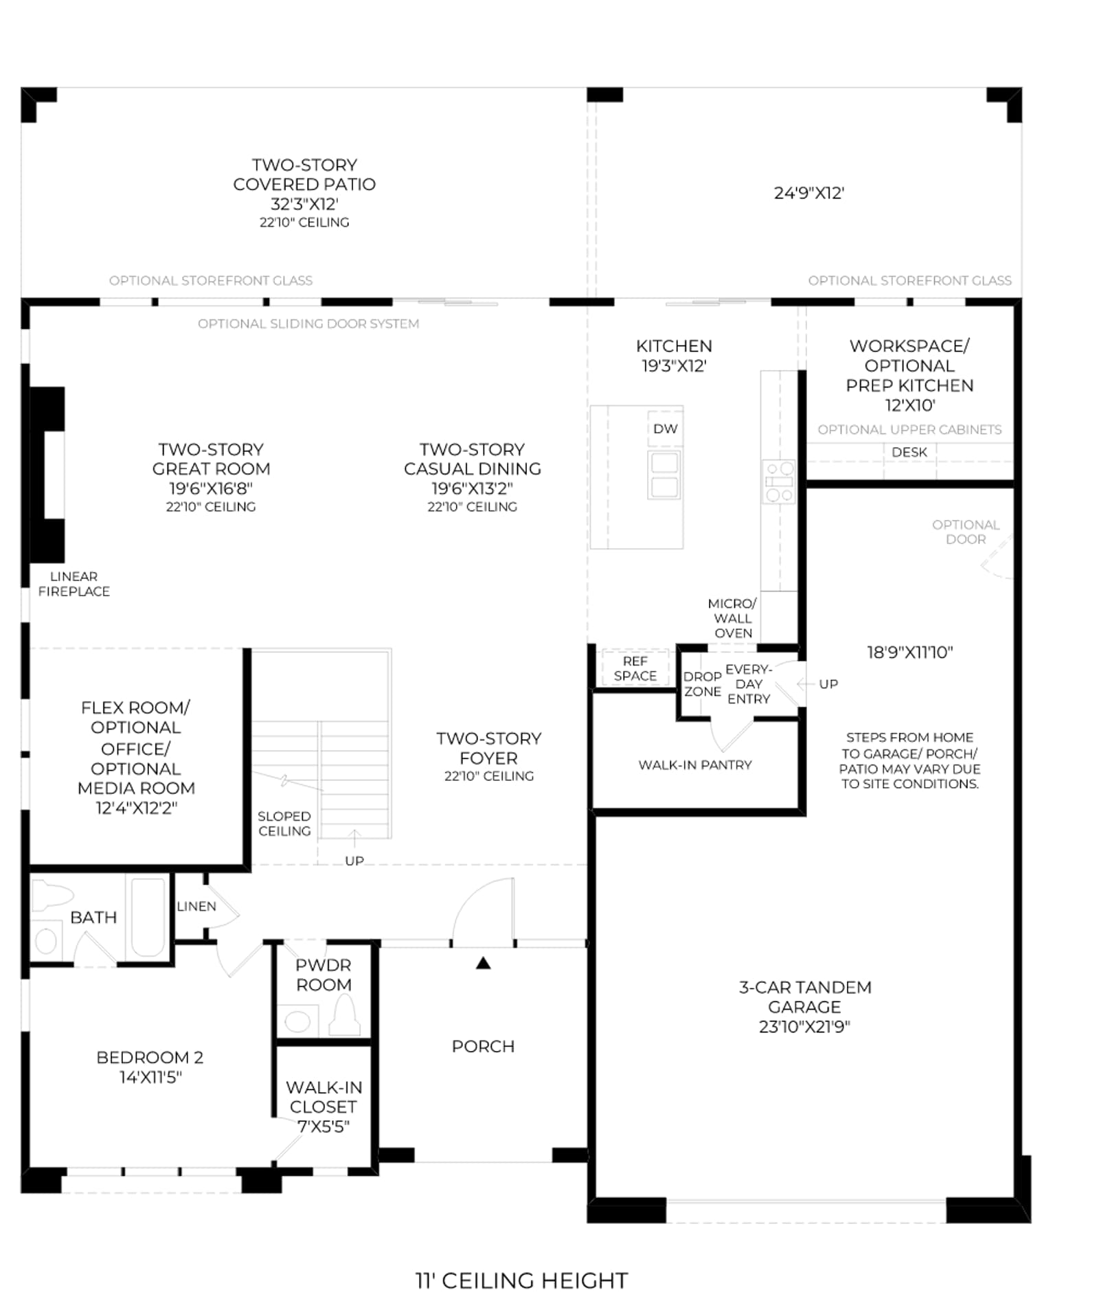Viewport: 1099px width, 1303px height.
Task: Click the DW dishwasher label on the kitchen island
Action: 665,429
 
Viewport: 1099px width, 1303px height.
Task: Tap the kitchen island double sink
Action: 664,475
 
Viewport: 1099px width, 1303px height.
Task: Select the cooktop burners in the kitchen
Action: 779,481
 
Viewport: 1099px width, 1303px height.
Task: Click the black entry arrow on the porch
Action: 484,963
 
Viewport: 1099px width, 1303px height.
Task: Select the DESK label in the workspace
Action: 909,452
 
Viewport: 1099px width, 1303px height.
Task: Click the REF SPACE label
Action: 635,668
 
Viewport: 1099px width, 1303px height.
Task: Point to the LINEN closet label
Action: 196,906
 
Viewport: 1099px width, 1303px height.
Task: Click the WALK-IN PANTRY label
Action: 695,764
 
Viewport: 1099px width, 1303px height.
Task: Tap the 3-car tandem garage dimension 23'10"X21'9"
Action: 804,1027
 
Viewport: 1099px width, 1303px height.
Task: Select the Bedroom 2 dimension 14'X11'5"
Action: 150,1077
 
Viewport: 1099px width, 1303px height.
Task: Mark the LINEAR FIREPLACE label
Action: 73,584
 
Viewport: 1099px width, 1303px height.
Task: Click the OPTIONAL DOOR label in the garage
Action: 966,532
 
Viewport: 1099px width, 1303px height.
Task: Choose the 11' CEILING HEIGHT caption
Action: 522,1281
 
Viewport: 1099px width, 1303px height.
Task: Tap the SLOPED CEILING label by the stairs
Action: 284,824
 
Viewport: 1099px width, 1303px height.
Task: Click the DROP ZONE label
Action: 702,684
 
